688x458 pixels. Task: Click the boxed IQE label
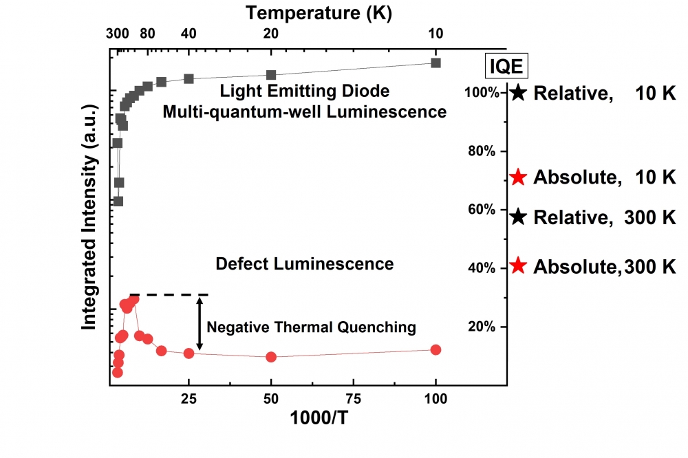pos(506,66)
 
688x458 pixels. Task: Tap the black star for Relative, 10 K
pos(518,93)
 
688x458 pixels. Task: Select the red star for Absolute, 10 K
pos(518,177)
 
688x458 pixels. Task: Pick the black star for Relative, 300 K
pos(518,217)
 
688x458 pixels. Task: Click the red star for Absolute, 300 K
pos(518,265)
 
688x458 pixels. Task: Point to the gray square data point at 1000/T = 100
pos(436,63)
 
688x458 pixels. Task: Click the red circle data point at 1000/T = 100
pos(436,349)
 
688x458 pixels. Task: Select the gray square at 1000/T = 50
pos(271,75)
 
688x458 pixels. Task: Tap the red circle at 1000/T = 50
pos(271,357)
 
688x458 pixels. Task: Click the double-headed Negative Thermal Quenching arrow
pos(200,324)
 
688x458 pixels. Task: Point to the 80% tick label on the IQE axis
pos(482,151)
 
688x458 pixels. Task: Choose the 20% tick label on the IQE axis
pos(482,327)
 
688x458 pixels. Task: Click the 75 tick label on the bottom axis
pos(353,399)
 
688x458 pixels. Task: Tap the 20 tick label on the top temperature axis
pos(271,33)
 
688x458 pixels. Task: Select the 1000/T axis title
pos(319,417)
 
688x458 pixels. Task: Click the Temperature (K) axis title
pos(319,12)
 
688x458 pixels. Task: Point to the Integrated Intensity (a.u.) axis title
pos(89,217)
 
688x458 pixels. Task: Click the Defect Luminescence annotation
pos(305,264)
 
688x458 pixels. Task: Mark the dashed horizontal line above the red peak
pos(169,294)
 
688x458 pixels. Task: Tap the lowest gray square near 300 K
pos(118,201)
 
